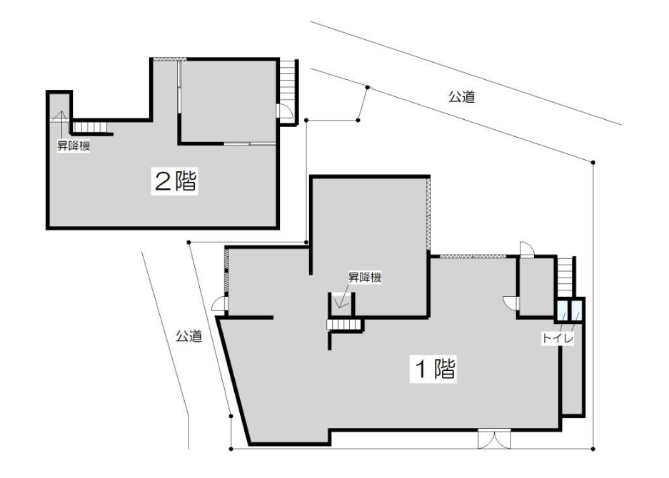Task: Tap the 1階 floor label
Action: point(434,369)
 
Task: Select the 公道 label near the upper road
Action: point(461,97)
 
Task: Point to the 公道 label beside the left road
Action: point(188,336)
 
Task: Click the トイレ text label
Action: point(558,339)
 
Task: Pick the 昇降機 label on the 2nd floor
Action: point(74,146)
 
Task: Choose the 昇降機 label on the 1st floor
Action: point(365,278)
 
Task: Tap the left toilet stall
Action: point(563,310)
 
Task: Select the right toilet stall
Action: point(576,310)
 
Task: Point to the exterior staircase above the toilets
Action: point(565,277)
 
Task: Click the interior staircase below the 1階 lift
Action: point(343,325)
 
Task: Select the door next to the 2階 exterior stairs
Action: point(284,112)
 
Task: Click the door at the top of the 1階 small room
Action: point(525,250)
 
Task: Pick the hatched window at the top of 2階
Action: point(170,59)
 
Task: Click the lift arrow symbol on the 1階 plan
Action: point(341,300)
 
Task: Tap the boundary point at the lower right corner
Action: point(593,449)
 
